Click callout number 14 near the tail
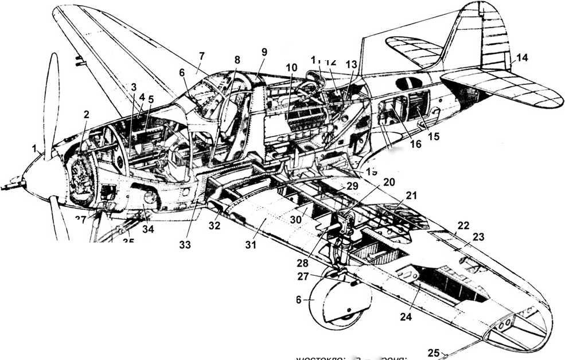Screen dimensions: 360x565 [522, 57]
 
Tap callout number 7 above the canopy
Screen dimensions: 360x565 [201, 56]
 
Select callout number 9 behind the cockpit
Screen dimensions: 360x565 [264, 52]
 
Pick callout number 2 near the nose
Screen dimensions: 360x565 [86, 115]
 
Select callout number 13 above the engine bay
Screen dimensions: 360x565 [351, 64]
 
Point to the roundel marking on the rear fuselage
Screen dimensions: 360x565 [406, 84]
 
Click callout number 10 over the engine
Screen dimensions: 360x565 [292, 68]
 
